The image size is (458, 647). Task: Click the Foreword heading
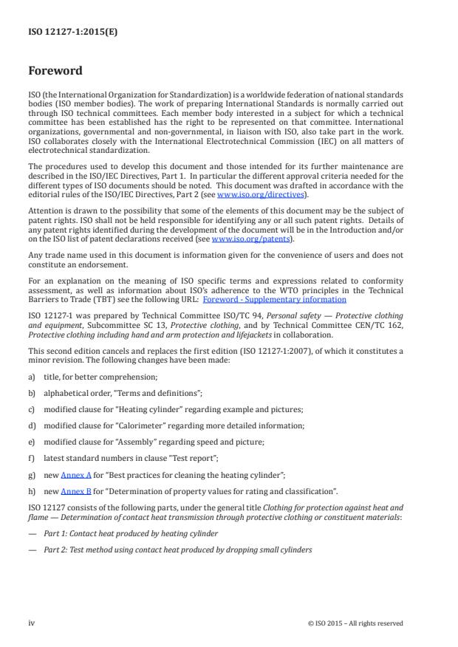(x=55, y=72)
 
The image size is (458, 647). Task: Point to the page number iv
(x=32, y=623)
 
